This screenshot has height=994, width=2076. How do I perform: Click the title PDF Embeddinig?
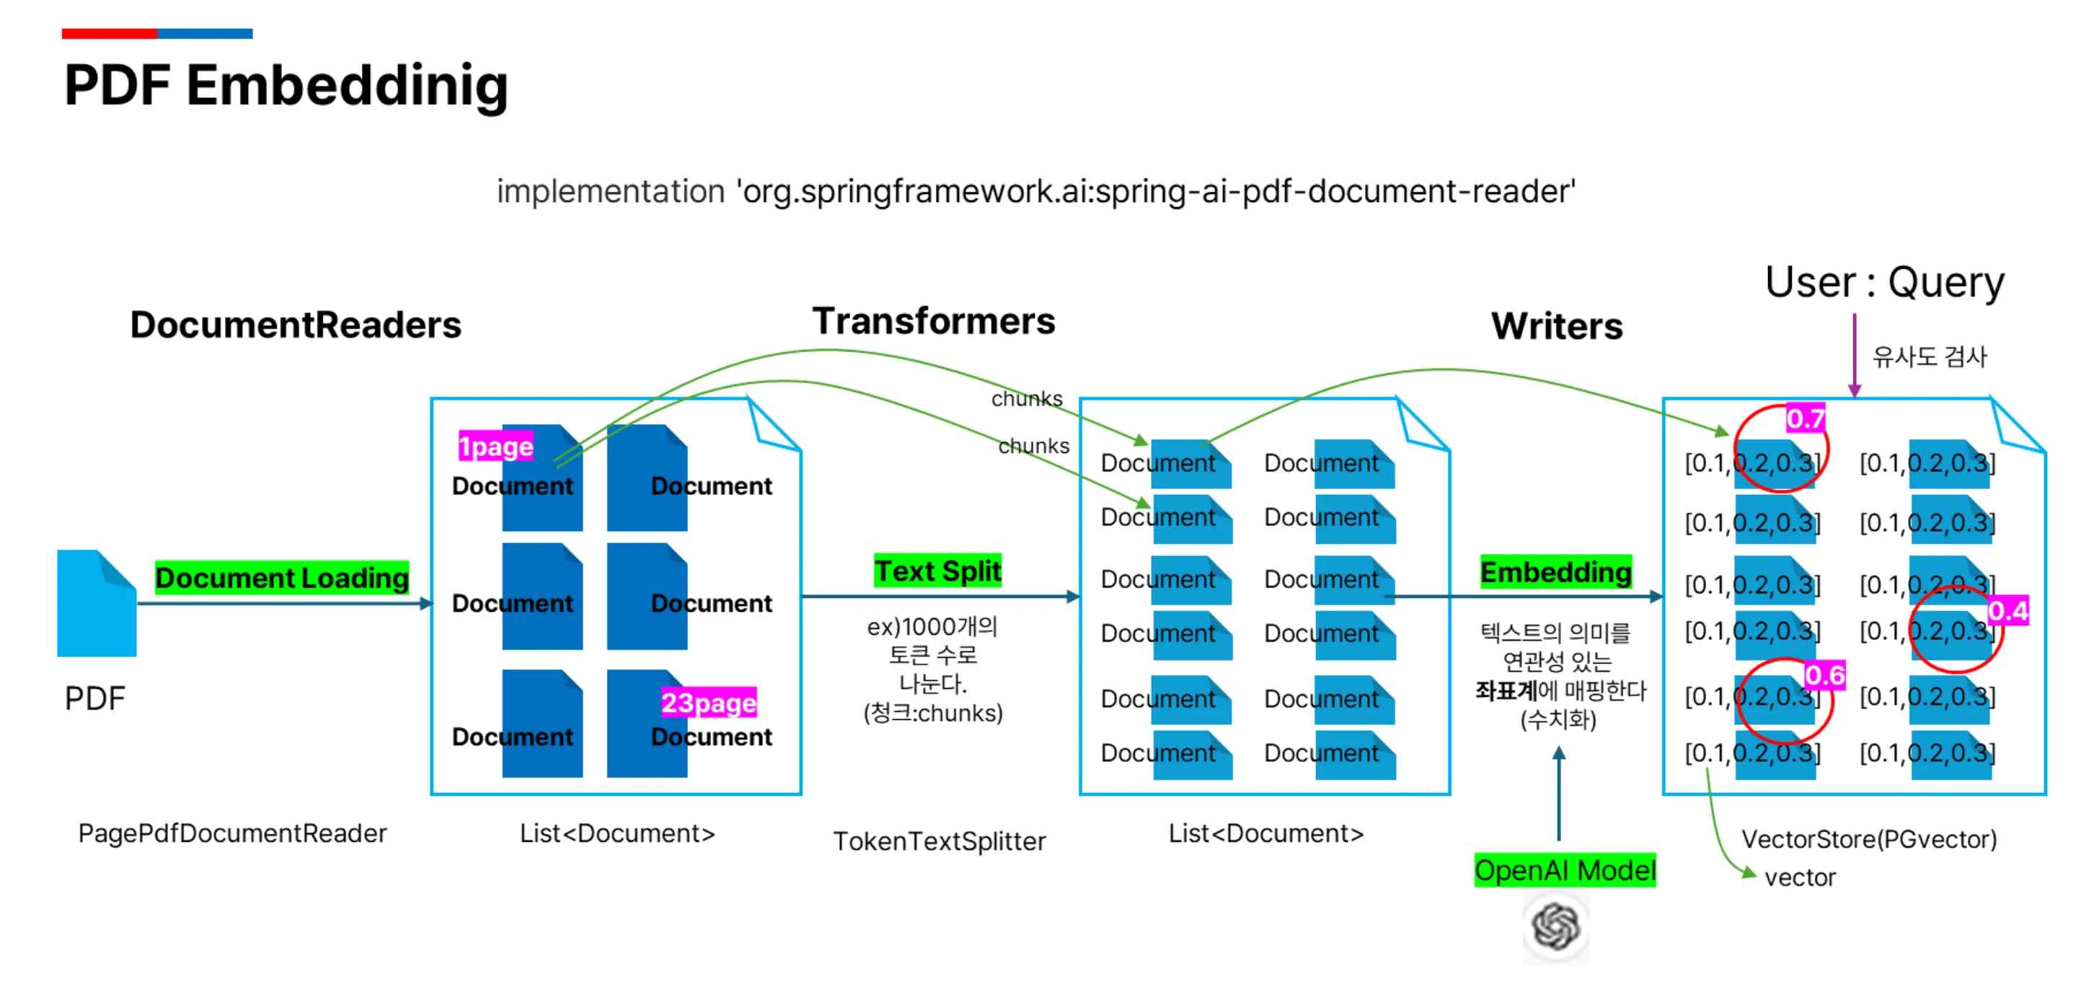(x=286, y=85)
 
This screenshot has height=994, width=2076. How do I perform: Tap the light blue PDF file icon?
(x=97, y=603)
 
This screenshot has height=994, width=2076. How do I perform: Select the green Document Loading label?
(x=281, y=577)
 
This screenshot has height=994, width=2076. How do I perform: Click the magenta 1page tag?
(x=495, y=446)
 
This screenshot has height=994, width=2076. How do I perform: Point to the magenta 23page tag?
(x=708, y=702)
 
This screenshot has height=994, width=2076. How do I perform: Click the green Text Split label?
(x=937, y=570)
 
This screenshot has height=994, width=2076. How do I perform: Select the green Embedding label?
(x=1555, y=571)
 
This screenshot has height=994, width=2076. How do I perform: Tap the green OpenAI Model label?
(x=1564, y=870)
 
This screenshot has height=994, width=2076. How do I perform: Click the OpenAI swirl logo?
(x=1555, y=926)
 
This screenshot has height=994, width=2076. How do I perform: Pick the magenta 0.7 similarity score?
(x=1805, y=418)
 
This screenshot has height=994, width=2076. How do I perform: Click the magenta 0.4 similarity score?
(x=2007, y=610)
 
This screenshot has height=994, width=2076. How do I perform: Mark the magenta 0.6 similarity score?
(x=1824, y=674)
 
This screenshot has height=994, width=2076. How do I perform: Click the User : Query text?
(x=1884, y=282)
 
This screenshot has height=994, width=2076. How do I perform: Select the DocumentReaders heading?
(x=296, y=325)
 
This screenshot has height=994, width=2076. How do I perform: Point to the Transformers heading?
(x=933, y=321)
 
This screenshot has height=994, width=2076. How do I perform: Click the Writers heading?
(x=1556, y=326)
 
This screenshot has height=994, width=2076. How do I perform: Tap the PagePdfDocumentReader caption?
(x=232, y=832)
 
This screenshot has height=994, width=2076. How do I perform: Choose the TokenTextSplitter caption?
(x=939, y=841)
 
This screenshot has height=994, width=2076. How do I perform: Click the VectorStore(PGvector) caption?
(x=1869, y=838)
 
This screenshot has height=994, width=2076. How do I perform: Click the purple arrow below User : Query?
(x=1855, y=355)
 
